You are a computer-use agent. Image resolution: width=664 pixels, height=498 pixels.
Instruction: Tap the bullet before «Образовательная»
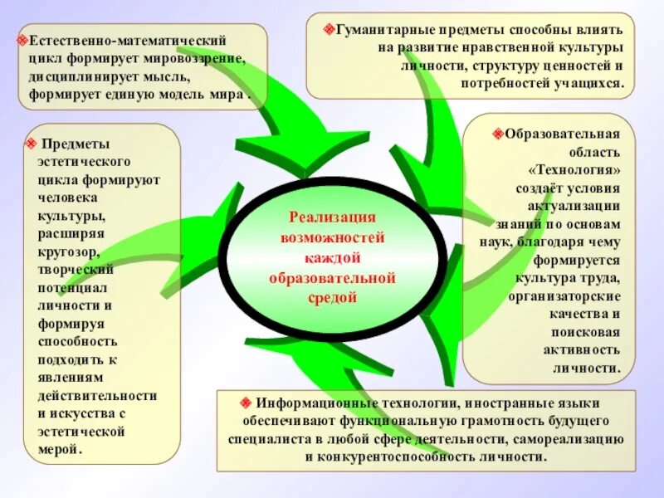[x=498, y=133]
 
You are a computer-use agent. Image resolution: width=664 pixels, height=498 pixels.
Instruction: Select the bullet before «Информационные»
[x=247, y=402]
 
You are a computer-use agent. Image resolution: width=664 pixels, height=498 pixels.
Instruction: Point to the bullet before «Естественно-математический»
[x=24, y=40]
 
